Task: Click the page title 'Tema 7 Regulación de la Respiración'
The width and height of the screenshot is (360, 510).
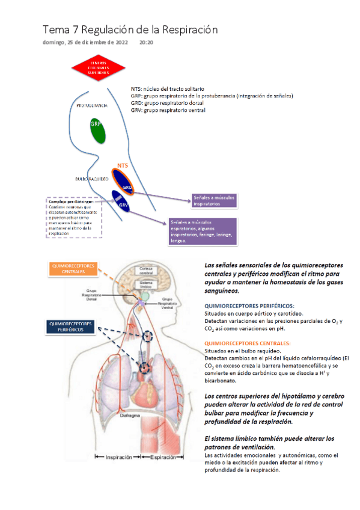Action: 130,29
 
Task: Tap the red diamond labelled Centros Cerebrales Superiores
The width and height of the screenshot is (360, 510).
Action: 99,67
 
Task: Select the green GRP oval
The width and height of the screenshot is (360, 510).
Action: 95,131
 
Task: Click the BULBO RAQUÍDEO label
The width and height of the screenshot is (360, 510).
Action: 92,179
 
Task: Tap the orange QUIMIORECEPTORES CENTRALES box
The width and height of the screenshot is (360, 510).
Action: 73,268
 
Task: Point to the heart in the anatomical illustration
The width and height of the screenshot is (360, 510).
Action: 145,394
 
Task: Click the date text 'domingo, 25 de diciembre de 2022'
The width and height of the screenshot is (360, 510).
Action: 85,43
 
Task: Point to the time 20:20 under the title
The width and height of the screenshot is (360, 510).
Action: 146,43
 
